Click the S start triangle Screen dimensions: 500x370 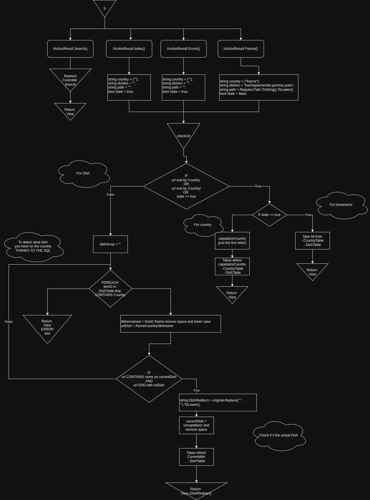(105, 7)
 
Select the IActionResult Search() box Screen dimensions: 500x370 (70, 49)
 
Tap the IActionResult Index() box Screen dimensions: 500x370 (129, 49)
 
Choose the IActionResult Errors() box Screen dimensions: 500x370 (183, 49)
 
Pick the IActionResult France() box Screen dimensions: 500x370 (241, 49)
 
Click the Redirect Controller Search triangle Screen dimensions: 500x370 (70, 79)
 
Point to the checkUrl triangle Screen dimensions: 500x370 (183, 135)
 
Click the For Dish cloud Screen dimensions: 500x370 (83, 174)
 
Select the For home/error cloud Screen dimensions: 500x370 (341, 205)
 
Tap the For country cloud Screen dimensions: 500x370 (203, 225)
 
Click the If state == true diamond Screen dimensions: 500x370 (269, 215)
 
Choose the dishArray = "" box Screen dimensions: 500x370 (110, 244)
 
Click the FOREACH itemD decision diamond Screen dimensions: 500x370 (110, 289)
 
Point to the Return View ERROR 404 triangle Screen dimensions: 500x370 (47, 326)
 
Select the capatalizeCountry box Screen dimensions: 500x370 (232, 241)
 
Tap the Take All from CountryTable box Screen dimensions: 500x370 (312, 241)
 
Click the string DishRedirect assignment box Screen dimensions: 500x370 (218, 402)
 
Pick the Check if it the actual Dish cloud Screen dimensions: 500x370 (279, 436)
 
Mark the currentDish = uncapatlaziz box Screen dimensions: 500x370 (196, 425)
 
